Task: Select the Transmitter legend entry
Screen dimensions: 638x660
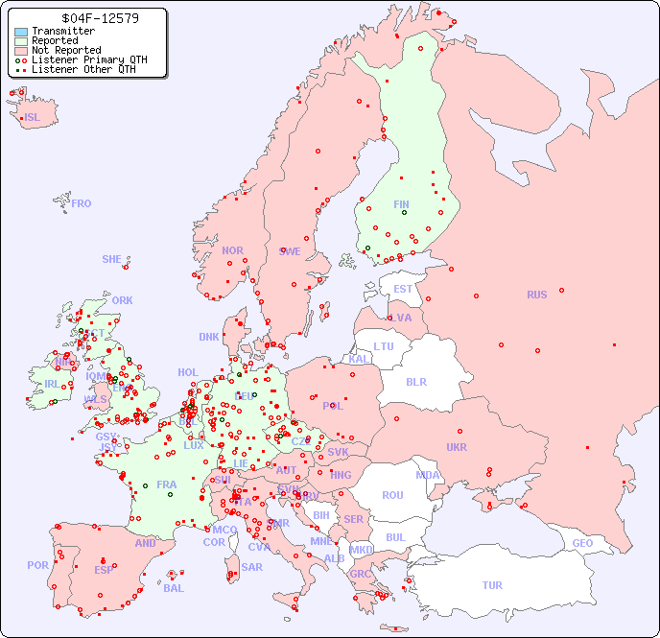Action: tap(63, 32)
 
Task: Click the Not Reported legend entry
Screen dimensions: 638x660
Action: tap(65, 50)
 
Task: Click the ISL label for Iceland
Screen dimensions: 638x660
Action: tap(33, 118)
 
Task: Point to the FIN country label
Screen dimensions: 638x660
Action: tap(401, 204)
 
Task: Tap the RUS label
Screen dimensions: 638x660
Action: tap(536, 295)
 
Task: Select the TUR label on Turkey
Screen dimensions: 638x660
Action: tap(492, 585)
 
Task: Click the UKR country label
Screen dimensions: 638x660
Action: tap(457, 447)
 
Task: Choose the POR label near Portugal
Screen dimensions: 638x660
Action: tap(37, 565)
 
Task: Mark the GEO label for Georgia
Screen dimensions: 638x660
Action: tap(582, 543)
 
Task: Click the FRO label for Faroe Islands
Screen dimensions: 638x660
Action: tap(82, 203)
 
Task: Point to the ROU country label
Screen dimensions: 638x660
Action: tap(392, 495)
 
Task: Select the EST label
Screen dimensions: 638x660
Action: tap(403, 289)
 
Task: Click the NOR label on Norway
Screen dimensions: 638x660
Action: tap(232, 250)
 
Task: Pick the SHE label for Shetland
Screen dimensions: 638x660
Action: tap(112, 259)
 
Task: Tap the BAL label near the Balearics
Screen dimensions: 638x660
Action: tap(174, 588)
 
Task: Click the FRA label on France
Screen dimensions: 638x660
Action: tap(167, 484)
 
